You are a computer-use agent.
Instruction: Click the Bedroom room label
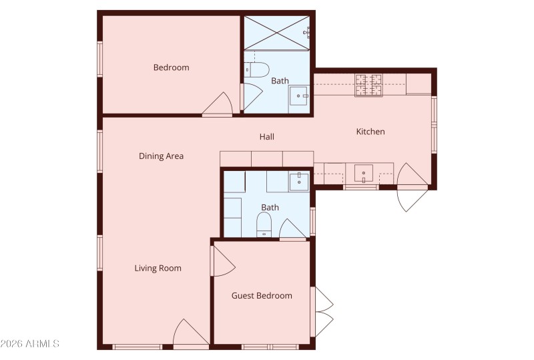[171, 67]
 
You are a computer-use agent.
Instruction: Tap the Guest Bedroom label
[262, 296]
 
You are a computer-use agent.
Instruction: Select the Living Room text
[158, 268]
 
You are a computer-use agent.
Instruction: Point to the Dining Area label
[161, 156]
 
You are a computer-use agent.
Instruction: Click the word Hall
[267, 137]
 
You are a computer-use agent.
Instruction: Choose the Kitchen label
[370, 132]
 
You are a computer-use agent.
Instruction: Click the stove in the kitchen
[368, 84]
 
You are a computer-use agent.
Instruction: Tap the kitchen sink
[363, 174]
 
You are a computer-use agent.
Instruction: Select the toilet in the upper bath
[256, 69]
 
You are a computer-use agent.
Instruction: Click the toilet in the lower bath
[265, 222]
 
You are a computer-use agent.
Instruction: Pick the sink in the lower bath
[299, 180]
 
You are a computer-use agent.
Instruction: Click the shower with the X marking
[277, 31]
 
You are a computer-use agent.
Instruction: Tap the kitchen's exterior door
[411, 192]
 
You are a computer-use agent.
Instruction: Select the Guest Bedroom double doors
[323, 311]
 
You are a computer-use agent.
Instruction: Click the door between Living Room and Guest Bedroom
[222, 261]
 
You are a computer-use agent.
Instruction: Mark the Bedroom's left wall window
[99, 59]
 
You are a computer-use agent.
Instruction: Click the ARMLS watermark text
[30, 344]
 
